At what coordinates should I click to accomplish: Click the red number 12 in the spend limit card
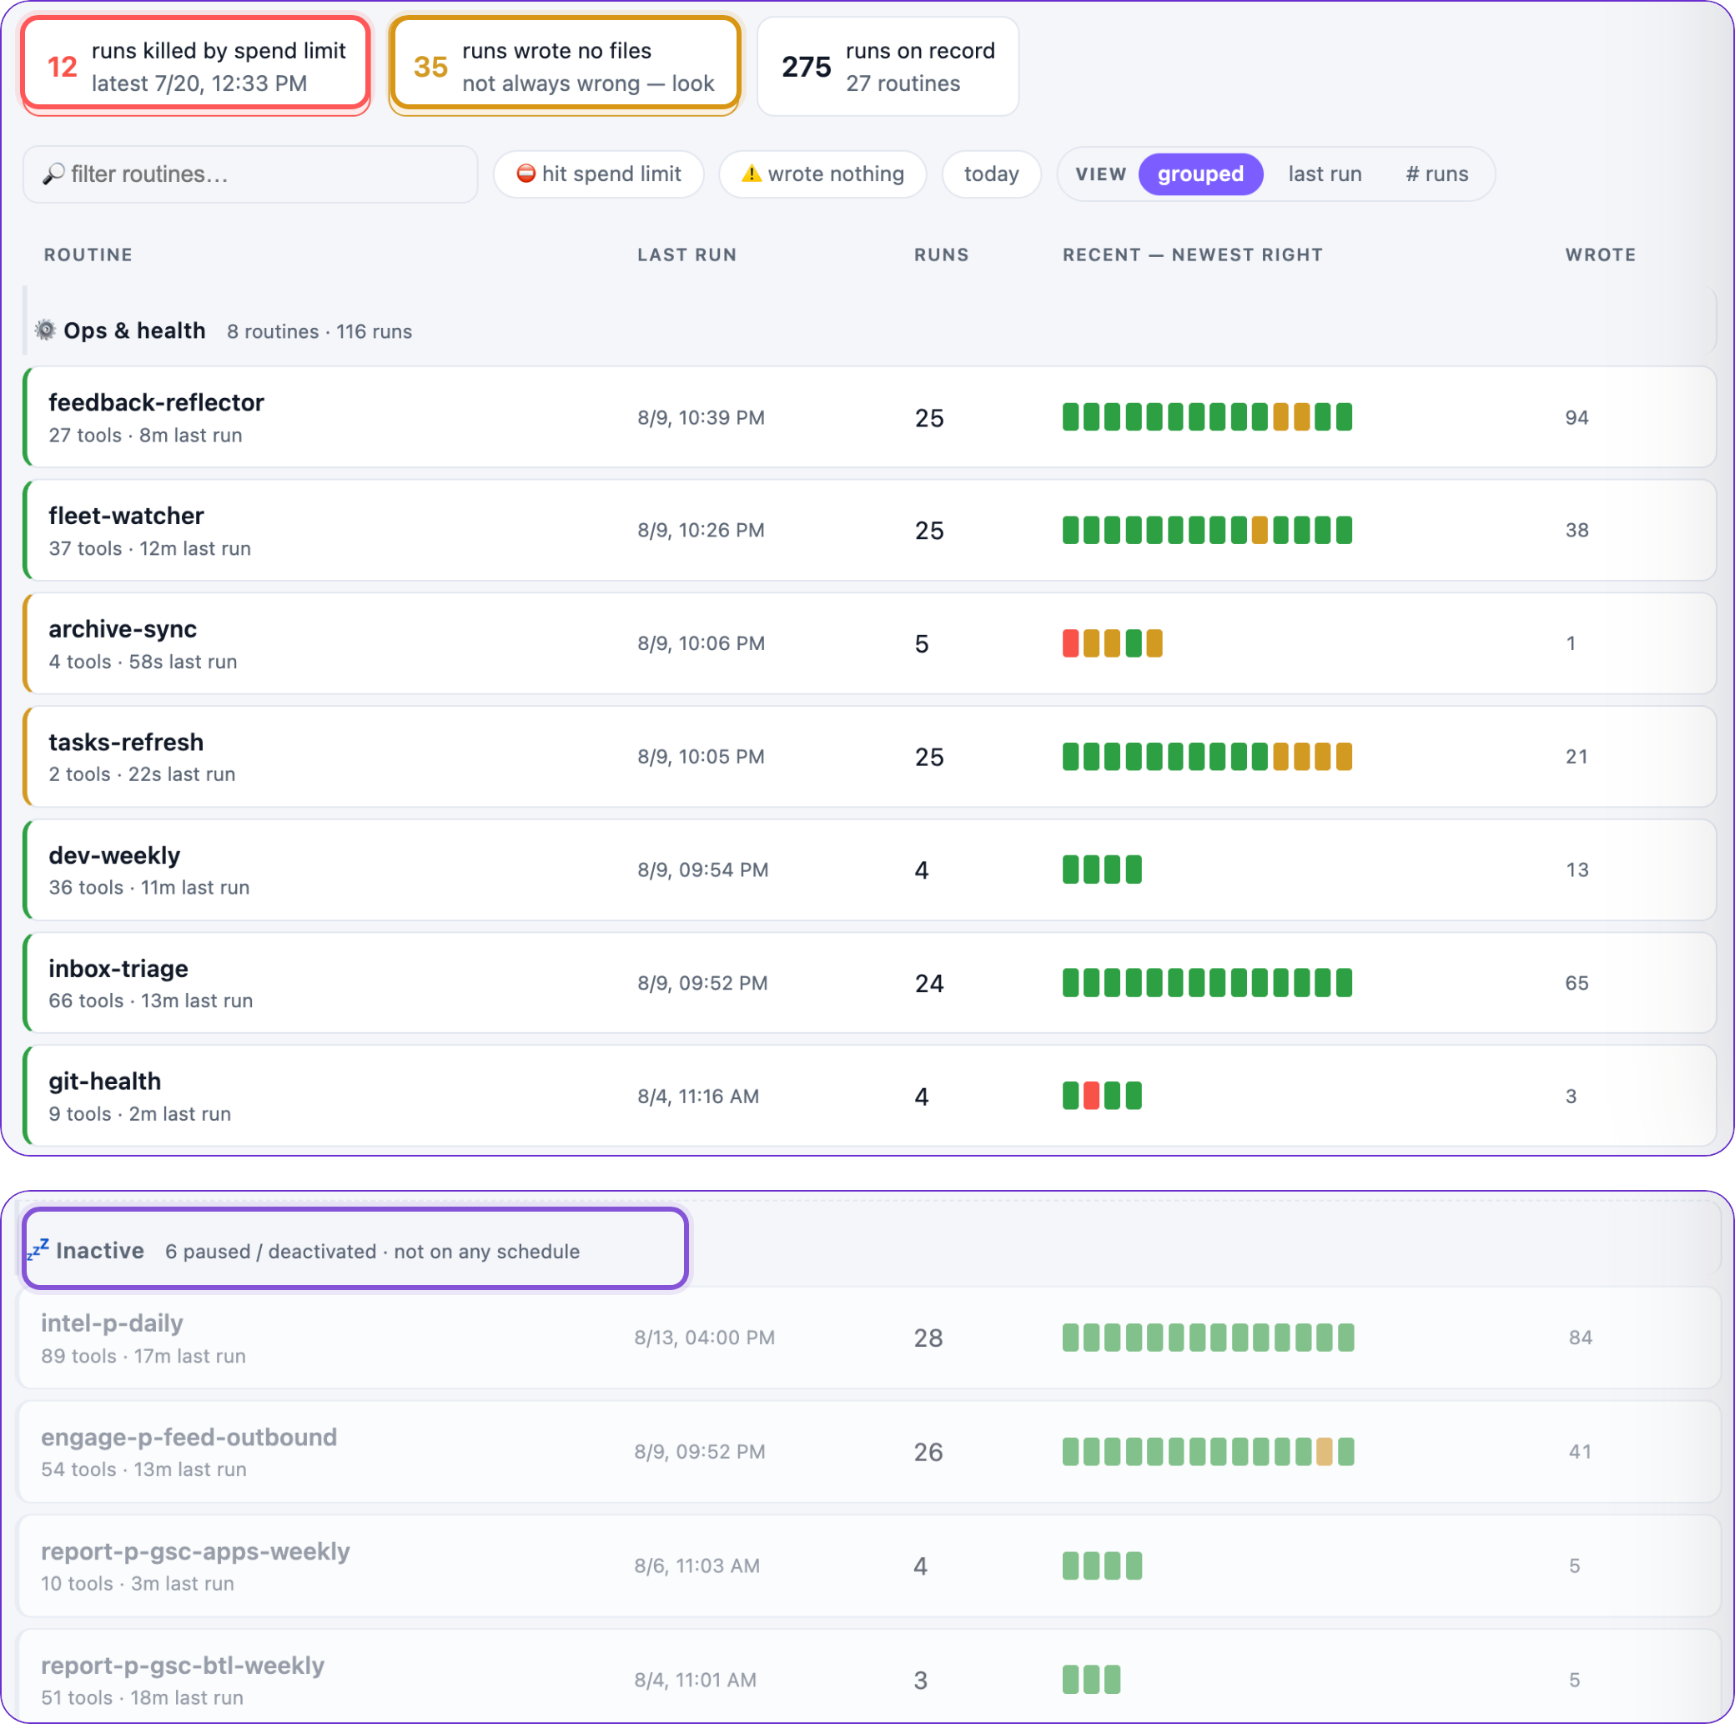62,68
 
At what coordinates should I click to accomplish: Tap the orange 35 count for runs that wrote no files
430,68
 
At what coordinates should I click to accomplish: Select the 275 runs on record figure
806,68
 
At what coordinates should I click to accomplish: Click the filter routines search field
249,174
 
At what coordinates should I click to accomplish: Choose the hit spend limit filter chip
598,174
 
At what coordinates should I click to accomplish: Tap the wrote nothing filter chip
822,174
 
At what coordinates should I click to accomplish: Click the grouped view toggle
1199,174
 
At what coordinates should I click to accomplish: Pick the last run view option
1325,174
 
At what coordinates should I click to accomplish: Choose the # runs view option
1437,174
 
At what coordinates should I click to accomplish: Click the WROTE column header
1601,255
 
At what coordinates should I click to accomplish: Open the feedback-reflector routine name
156,402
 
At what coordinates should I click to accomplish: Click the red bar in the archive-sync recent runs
1070,643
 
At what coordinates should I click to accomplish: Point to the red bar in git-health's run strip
1091,1096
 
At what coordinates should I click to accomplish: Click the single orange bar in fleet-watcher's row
1260,530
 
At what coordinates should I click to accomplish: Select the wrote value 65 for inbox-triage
1577,983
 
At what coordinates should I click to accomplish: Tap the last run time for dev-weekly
702,870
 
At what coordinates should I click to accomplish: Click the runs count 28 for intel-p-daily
928,1338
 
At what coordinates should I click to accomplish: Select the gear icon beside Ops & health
45,330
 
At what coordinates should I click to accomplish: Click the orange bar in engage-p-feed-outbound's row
1324,1452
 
